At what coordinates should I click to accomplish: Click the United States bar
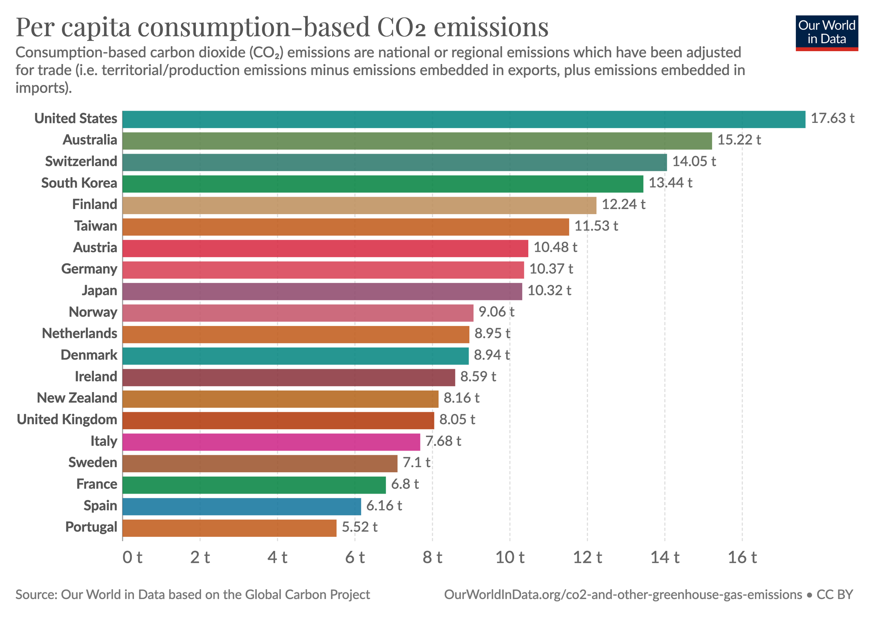(x=464, y=119)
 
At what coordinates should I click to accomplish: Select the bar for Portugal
(x=229, y=528)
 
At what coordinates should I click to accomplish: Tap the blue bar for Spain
(x=242, y=506)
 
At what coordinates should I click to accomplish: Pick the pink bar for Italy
(x=271, y=442)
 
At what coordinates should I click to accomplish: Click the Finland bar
(x=359, y=205)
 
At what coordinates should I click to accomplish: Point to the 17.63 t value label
(x=832, y=119)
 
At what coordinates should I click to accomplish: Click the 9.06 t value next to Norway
(x=496, y=312)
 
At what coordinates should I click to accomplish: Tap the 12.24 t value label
(x=623, y=204)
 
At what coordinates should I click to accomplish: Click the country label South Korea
(x=79, y=183)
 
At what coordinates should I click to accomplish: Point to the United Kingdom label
(x=67, y=420)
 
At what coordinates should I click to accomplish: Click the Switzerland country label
(x=81, y=162)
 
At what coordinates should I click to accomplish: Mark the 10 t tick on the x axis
(x=510, y=558)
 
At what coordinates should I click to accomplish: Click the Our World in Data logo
(x=827, y=33)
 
